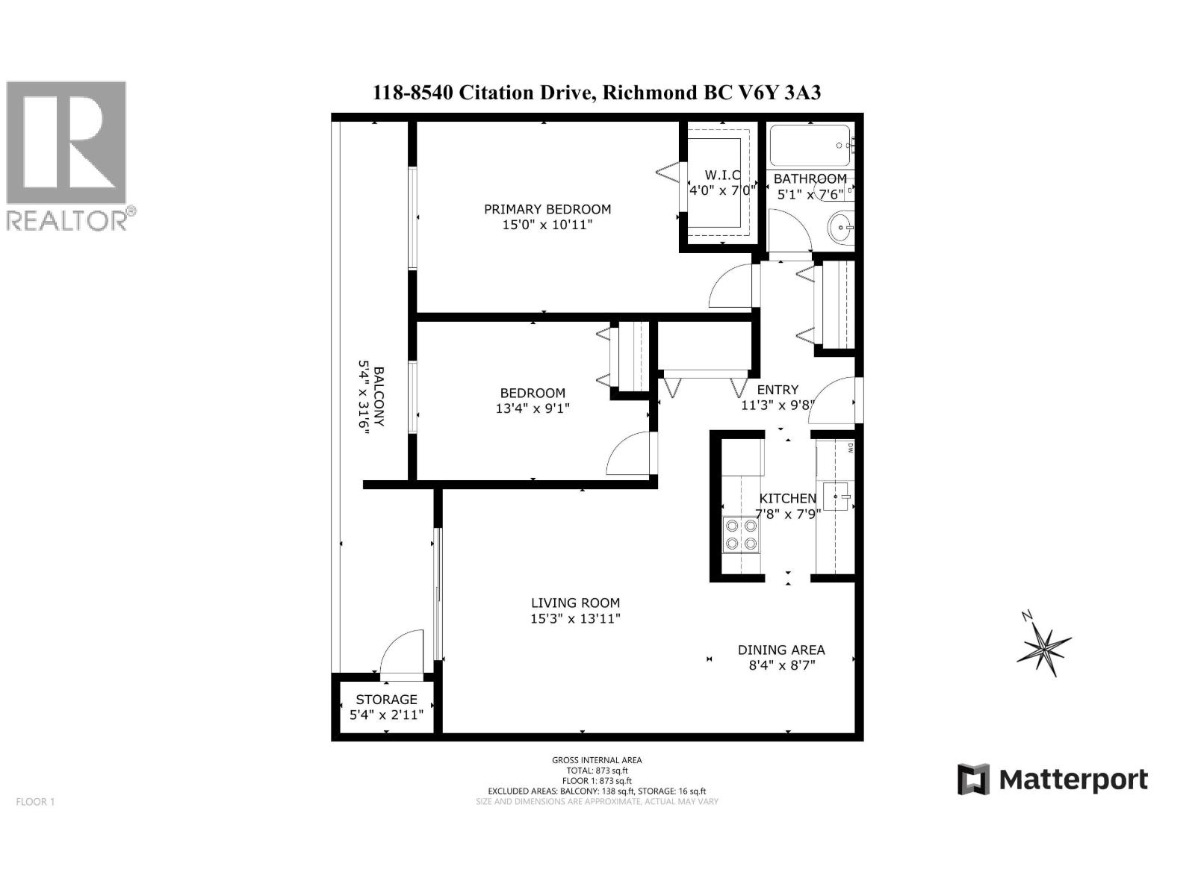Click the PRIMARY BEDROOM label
[547, 209]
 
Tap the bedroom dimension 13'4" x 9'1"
[533, 408]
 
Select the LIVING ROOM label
[575, 603]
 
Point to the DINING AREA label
[781, 650]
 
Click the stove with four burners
[740, 535]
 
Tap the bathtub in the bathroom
[810, 146]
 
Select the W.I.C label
[721, 175]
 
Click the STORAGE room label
[386, 700]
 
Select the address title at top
[597, 93]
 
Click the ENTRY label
[777, 390]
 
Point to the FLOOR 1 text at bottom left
[36, 802]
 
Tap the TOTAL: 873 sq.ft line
[597, 771]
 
